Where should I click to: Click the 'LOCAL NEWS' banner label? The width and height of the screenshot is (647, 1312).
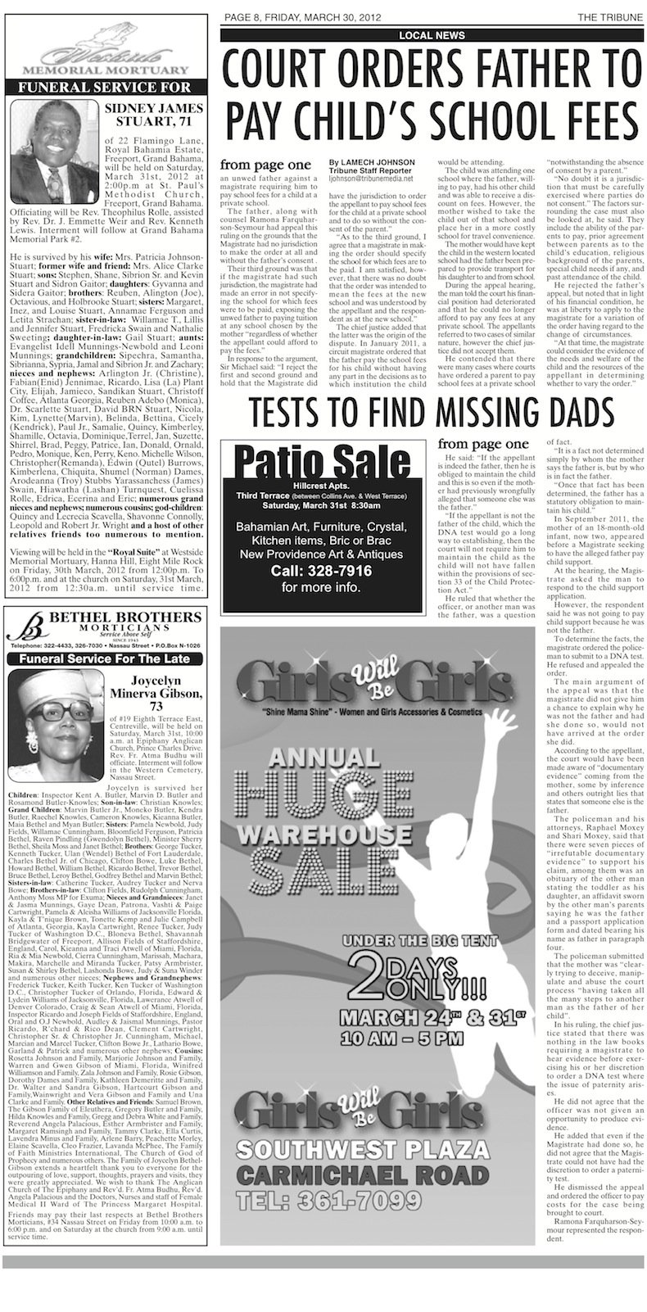coord(432,35)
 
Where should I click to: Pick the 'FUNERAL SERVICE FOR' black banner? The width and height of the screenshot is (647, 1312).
coord(107,85)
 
